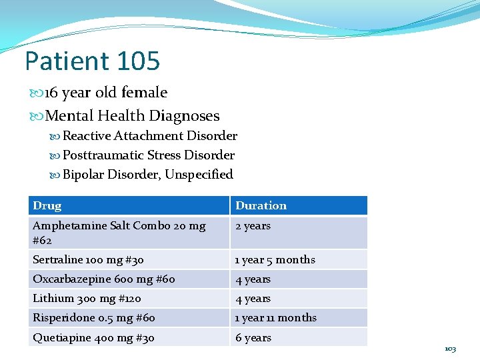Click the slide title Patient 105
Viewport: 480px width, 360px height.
tap(92, 61)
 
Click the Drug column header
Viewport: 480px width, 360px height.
tap(47, 206)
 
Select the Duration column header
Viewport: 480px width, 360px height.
tap(261, 206)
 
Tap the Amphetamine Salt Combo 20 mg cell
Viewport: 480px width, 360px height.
tap(119, 226)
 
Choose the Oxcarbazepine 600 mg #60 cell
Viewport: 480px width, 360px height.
tap(103, 279)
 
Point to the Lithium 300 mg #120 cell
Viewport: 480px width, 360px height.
tap(87, 299)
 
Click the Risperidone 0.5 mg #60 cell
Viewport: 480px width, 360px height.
tap(99, 318)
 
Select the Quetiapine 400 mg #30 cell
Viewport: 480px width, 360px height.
tap(93, 337)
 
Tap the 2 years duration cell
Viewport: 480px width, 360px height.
tap(253, 226)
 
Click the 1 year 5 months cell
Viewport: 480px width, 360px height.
tap(275, 259)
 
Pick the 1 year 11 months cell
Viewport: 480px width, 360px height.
tap(276, 318)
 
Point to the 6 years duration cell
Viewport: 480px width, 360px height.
tap(253, 337)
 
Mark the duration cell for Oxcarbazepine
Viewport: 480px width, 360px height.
tap(253, 279)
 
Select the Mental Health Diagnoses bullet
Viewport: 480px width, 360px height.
tap(131, 116)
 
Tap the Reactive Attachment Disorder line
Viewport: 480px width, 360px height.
tap(149, 136)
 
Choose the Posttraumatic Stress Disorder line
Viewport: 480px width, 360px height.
tap(148, 155)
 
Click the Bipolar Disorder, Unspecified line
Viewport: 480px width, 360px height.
tap(147, 175)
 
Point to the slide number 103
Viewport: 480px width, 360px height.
tap(451, 349)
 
